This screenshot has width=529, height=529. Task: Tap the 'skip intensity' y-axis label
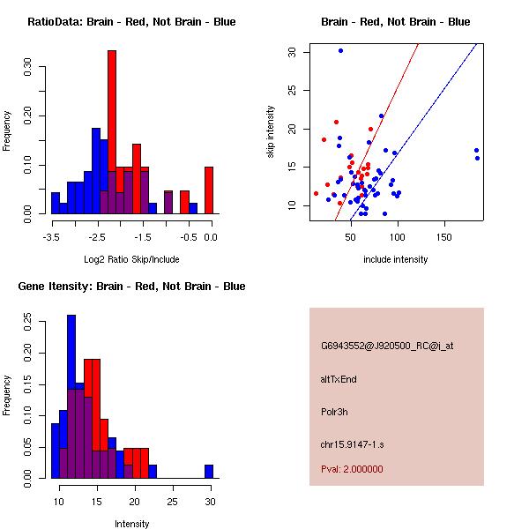click(271, 132)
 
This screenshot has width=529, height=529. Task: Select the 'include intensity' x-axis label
click(395, 259)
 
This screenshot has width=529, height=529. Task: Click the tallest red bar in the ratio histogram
click(112, 132)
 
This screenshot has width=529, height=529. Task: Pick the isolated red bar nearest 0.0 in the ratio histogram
click(208, 190)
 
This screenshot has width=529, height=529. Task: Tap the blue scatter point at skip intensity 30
click(340, 50)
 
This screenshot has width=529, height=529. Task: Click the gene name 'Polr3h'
click(334, 412)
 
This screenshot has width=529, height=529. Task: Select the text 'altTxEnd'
click(339, 379)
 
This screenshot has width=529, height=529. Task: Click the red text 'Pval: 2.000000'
click(352, 469)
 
